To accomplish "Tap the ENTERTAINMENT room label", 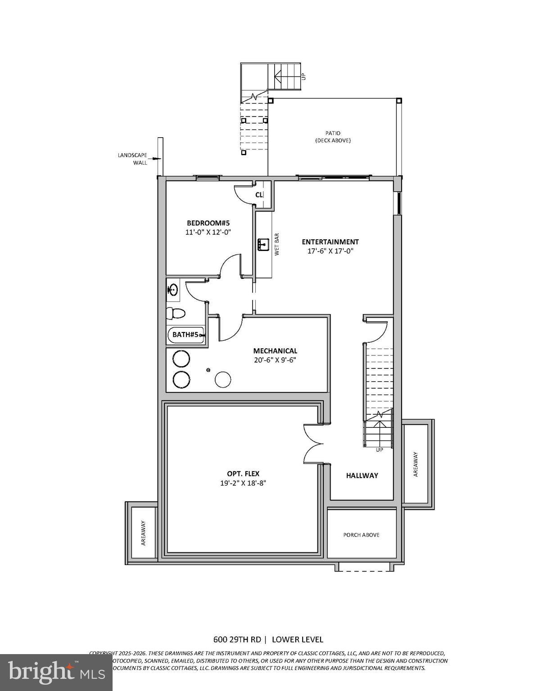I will pos(330,242).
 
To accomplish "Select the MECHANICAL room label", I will pos(275,351).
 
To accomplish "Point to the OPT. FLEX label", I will pos(243,474).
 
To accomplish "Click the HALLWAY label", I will pos(362,476).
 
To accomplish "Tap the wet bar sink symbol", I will pos(263,245).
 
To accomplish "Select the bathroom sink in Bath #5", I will pos(172,289).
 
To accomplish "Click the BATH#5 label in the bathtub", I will pos(186,335).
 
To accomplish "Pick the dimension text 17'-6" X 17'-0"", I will pos(330,251).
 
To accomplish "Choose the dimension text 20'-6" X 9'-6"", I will pos(275,360).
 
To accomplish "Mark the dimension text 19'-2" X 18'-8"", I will pos(243,483).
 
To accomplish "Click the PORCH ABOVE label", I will pos(361,535).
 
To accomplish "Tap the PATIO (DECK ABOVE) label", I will pos(333,137).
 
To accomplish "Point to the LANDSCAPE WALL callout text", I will pos(133,159).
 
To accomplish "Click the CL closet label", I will pos(259,195).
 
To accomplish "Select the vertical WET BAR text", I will pos(277,244).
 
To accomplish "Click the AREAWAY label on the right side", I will pos(416,464).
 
